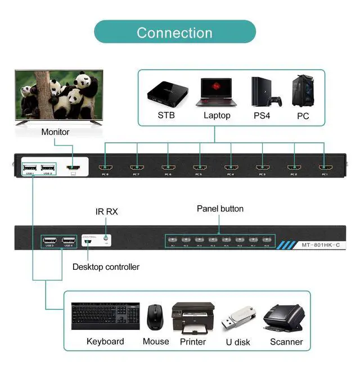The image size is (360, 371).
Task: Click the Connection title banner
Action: (x=174, y=32)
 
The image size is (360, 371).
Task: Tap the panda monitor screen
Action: (x=59, y=95)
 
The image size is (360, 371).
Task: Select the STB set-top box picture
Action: (x=166, y=93)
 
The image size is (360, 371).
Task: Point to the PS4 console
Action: (x=264, y=92)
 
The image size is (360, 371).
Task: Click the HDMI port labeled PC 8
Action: (x=105, y=167)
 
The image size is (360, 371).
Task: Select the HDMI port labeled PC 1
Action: (x=324, y=167)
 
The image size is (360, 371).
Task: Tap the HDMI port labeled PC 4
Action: (x=230, y=167)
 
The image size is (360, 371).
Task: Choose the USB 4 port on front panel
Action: (x=69, y=240)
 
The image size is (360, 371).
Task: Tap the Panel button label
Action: (x=220, y=209)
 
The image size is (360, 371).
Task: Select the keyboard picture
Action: (x=105, y=318)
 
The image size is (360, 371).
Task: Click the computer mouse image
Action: (x=155, y=318)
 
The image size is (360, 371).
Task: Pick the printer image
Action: (x=192, y=318)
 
